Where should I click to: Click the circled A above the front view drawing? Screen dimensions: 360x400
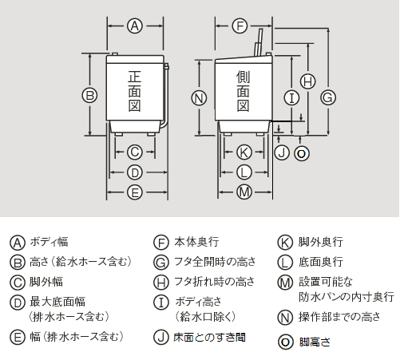coord(135,26)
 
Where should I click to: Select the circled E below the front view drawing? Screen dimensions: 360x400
coord(135,192)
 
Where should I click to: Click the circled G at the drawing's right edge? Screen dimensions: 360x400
coord(327,97)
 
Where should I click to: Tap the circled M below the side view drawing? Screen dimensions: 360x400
coord(245,192)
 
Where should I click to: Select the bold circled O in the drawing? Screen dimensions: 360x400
coord(301,152)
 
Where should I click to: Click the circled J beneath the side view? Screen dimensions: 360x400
coord(281,152)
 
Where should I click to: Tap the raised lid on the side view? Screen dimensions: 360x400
coord(259,43)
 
